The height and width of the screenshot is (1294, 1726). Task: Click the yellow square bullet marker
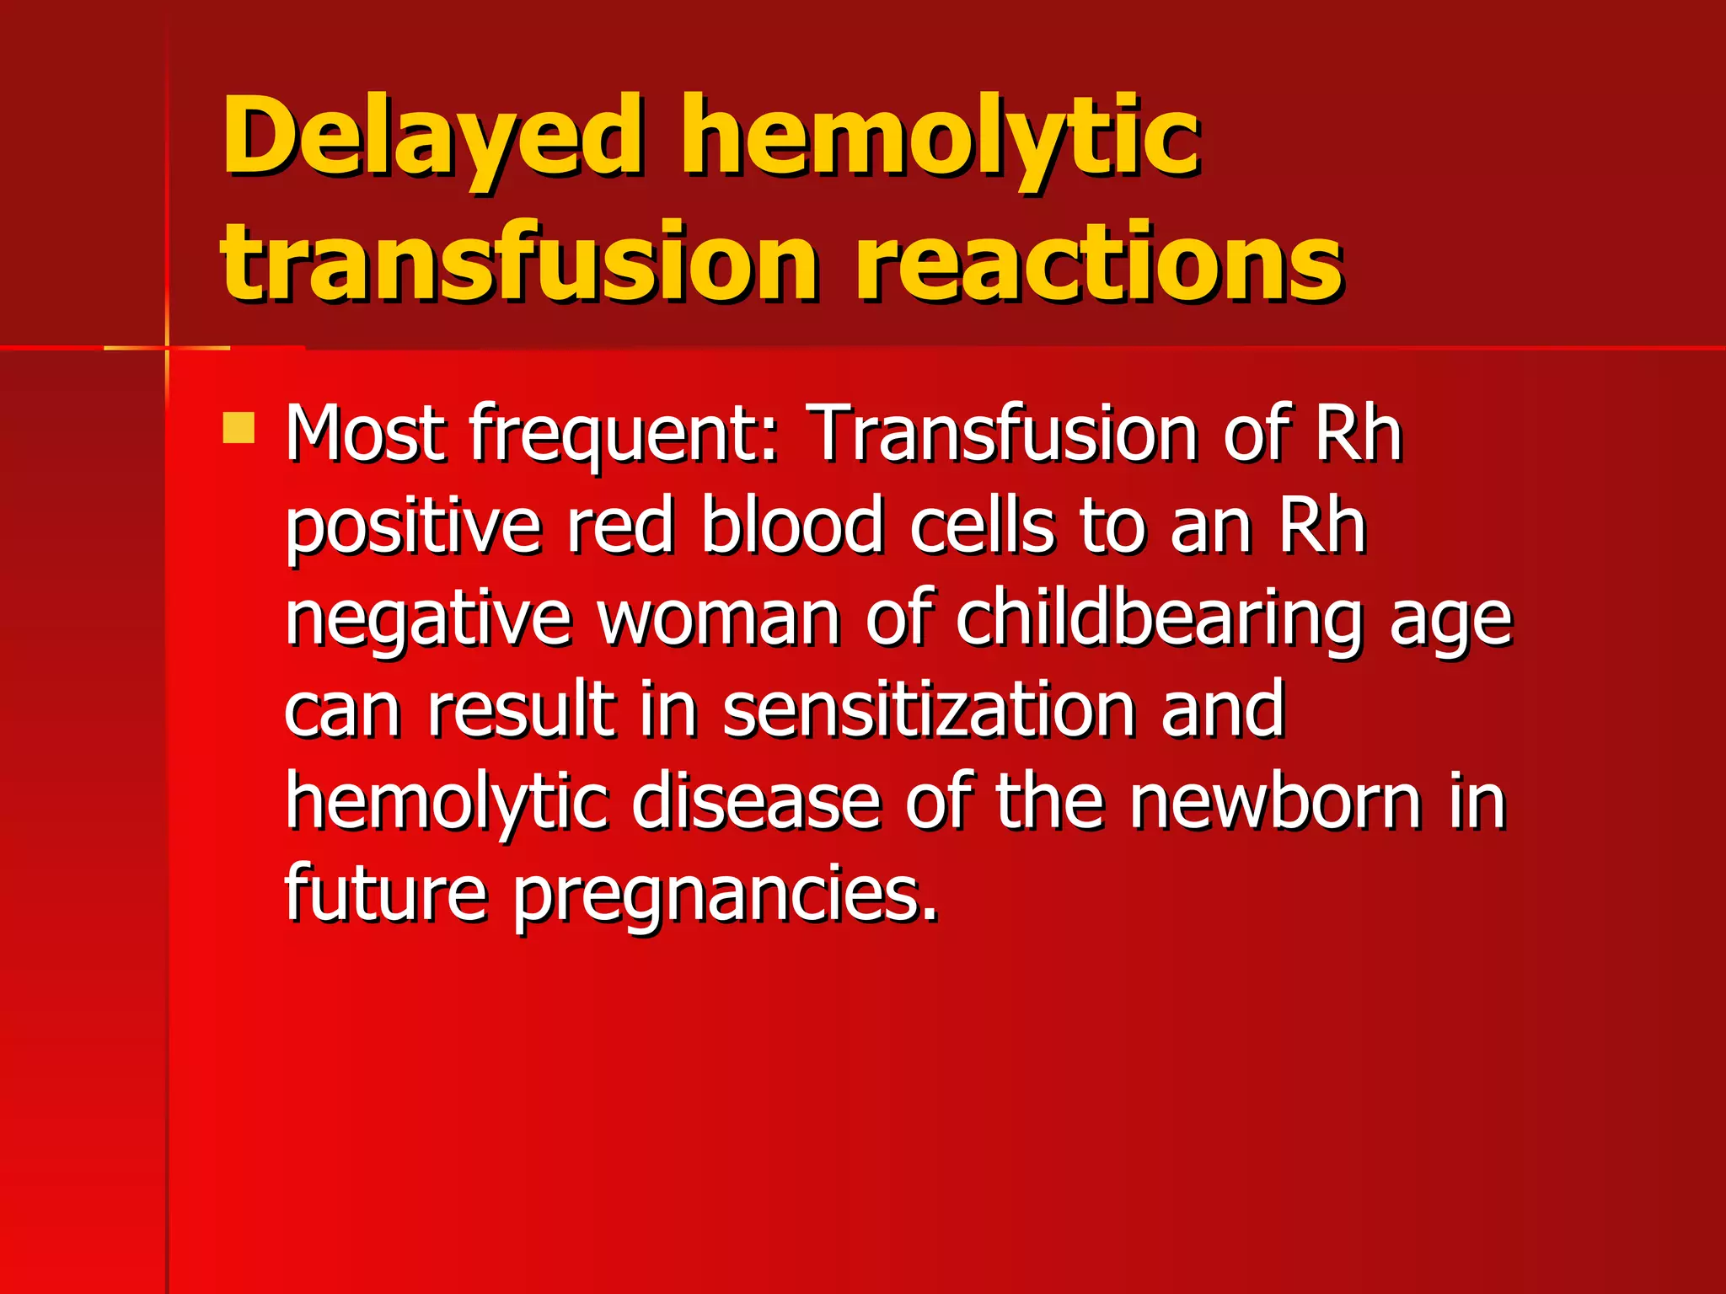coord(239,428)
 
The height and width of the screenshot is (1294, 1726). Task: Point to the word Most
coord(365,433)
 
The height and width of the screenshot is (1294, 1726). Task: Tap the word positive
coord(413,527)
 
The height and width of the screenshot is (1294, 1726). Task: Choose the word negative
coord(428,620)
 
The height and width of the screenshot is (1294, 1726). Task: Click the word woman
coord(719,618)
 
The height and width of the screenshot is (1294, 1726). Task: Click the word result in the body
coord(520,709)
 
